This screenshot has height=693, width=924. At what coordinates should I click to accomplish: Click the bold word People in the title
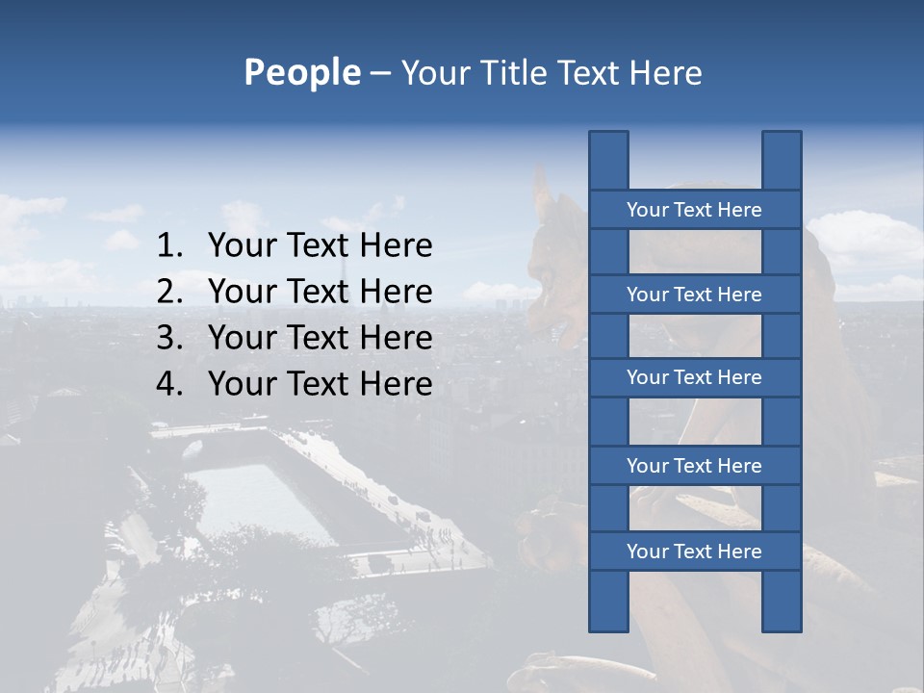point(301,73)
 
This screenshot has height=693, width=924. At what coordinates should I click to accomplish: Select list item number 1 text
point(320,246)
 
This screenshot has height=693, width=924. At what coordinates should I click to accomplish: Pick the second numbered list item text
point(320,292)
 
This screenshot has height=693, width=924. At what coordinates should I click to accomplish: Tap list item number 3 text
point(320,338)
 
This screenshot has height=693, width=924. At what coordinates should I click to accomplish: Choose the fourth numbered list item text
point(320,384)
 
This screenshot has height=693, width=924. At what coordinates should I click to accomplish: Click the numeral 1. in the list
point(169,246)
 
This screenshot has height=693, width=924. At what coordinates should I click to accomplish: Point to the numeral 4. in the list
point(169,384)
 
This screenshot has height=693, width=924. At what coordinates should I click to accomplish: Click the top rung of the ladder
point(694,210)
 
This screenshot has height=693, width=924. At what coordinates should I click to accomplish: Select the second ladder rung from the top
point(694,295)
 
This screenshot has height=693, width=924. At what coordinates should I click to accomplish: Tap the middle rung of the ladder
point(694,377)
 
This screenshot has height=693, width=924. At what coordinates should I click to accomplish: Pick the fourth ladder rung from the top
point(694,466)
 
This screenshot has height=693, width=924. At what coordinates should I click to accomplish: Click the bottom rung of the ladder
point(694,552)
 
